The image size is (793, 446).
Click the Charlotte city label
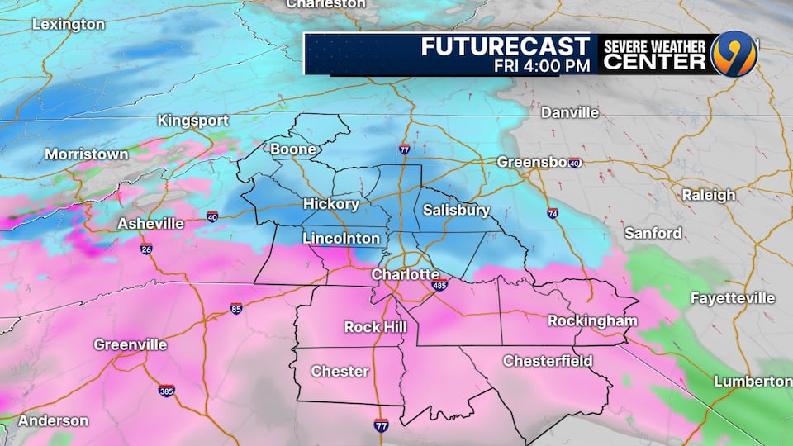pyautogui.click(x=405, y=273)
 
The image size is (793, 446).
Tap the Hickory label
pyautogui.click(x=330, y=203)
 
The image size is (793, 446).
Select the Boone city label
pyautogui.click(x=293, y=149)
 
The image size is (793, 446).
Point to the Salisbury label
pyautogui.click(x=456, y=210)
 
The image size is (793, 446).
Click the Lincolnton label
pyautogui.click(x=341, y=238)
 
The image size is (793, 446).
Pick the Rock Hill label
pyautogui.click(x=375, y=327)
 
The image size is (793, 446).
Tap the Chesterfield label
pyautogui.click(x=548, y=361)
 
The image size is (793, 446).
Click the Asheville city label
pyautogui.click(x=150, y=223)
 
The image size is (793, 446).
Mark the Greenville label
pyautogui.click(x=131, y=344)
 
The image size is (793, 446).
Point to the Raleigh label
pyautogui.click(x=708, y=195)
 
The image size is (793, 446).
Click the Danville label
pyautogui.click(x=569, y=112)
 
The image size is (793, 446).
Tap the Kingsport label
pyautogui.click(x=193, y=121)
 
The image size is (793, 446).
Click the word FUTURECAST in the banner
pyautogui.click(x=506, y=46)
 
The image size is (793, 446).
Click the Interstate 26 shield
pyautogui.click(x=145, y=249)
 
